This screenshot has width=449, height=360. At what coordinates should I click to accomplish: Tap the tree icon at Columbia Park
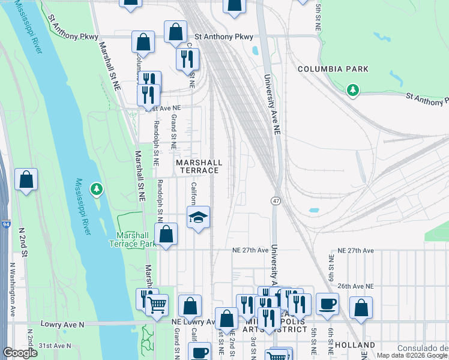[x=354, y=91]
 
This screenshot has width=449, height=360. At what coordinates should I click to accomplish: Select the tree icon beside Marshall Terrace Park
[x=96, y=190]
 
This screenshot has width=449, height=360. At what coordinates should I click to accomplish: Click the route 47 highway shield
[x=276, y=200]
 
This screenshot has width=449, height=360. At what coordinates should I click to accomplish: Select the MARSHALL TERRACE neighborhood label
[x=199, y=167]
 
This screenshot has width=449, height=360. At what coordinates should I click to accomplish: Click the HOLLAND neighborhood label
[x=354, y=346]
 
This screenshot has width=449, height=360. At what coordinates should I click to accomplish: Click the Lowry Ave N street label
[x=63, y=323]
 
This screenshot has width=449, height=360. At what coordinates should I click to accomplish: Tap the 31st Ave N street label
[x=55, y=346]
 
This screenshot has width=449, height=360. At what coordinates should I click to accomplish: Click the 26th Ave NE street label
[x=355, y=287]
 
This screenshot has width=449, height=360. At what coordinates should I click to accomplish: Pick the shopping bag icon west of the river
[x=26, y=180]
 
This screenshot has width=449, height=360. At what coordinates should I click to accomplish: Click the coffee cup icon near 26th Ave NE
[x=327, y=304]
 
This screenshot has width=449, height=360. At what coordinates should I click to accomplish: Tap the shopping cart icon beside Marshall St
[x=157, y=305]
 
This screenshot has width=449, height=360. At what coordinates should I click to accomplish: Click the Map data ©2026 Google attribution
[x=412, y=355]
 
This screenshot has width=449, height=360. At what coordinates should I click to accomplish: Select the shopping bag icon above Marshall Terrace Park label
[x=167, y=235]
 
